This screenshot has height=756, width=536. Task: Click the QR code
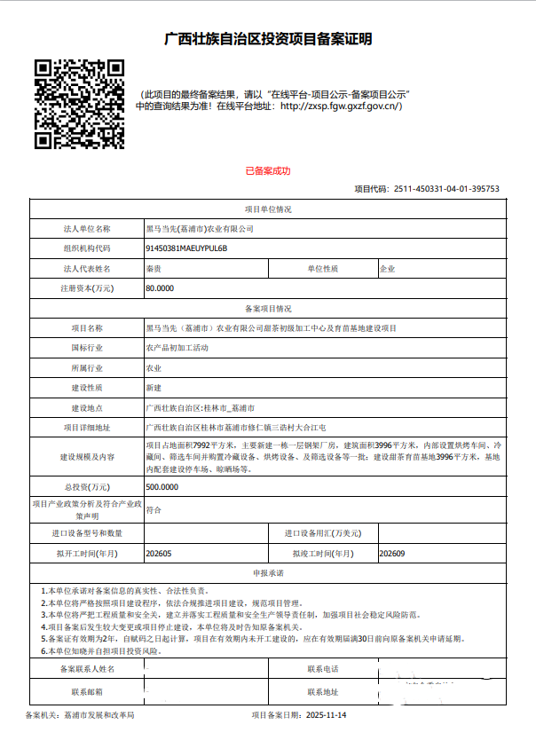[79, 103]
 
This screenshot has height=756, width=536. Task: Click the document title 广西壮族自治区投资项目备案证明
[268, 39]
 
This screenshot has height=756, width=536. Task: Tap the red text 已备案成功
[267, 170]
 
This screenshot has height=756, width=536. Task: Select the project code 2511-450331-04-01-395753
[445, 189]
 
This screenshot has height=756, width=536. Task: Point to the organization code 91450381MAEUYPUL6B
[186, 248]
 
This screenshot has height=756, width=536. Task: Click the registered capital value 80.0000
[160, 288]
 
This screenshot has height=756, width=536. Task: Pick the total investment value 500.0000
[162, 487]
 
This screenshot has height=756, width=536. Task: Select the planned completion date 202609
[391, 553]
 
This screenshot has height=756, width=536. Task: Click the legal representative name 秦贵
[154, 268]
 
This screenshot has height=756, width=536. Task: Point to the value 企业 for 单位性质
[387, 268]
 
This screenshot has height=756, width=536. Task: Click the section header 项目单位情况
[267, 209]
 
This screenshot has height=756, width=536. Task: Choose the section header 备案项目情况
[267, 309]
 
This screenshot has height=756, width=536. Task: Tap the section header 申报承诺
[267, 573]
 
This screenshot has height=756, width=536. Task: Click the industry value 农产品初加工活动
[177, 348]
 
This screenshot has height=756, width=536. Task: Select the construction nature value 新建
[154, 388]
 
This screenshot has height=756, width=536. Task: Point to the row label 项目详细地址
[87, 428]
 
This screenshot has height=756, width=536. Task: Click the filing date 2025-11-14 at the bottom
[323, 714]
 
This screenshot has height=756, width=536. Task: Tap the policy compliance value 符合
[154, 510]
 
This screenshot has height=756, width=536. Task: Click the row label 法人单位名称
[87, 229]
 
